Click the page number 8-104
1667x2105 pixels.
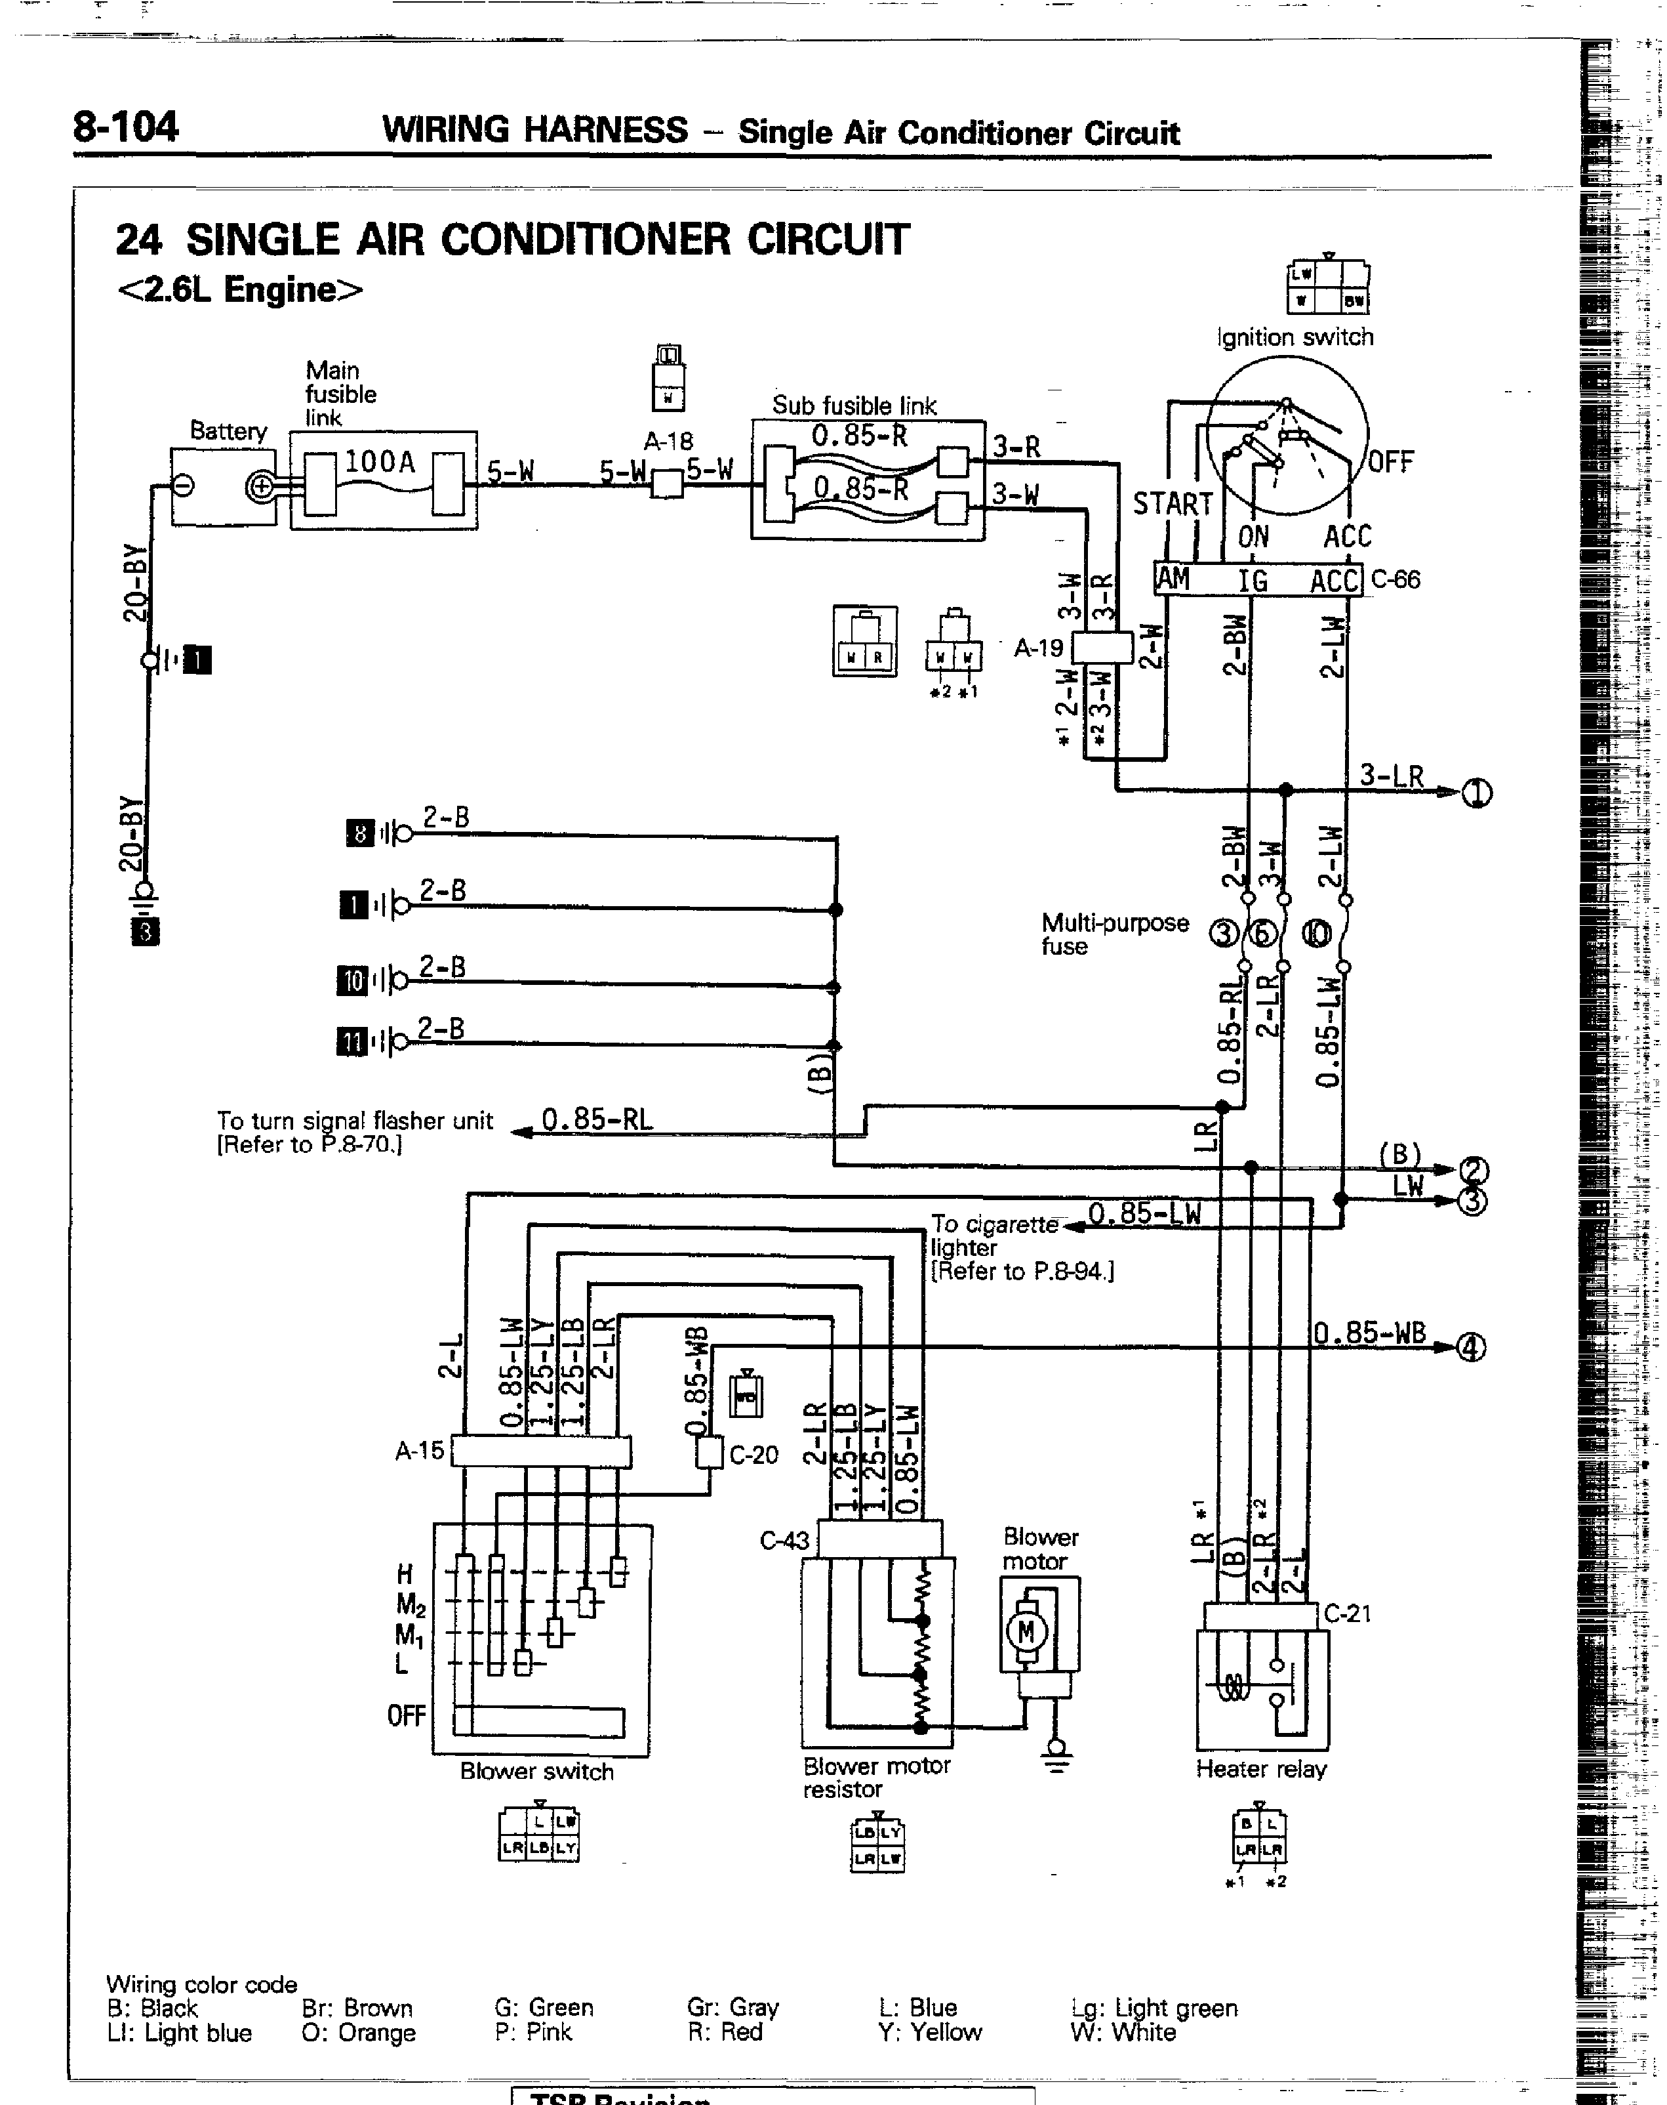125,127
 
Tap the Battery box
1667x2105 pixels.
224,486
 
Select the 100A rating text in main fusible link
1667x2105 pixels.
380,462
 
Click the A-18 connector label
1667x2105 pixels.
668,442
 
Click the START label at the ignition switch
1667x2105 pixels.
1172,504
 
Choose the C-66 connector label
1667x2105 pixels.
1396,579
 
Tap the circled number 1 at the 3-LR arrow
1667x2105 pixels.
1477,794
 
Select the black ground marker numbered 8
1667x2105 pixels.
360,833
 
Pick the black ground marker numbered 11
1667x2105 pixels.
350,1043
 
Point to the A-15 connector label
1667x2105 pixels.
420,1451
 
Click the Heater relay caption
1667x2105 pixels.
1261,1769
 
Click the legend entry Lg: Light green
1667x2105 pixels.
1154,2009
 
